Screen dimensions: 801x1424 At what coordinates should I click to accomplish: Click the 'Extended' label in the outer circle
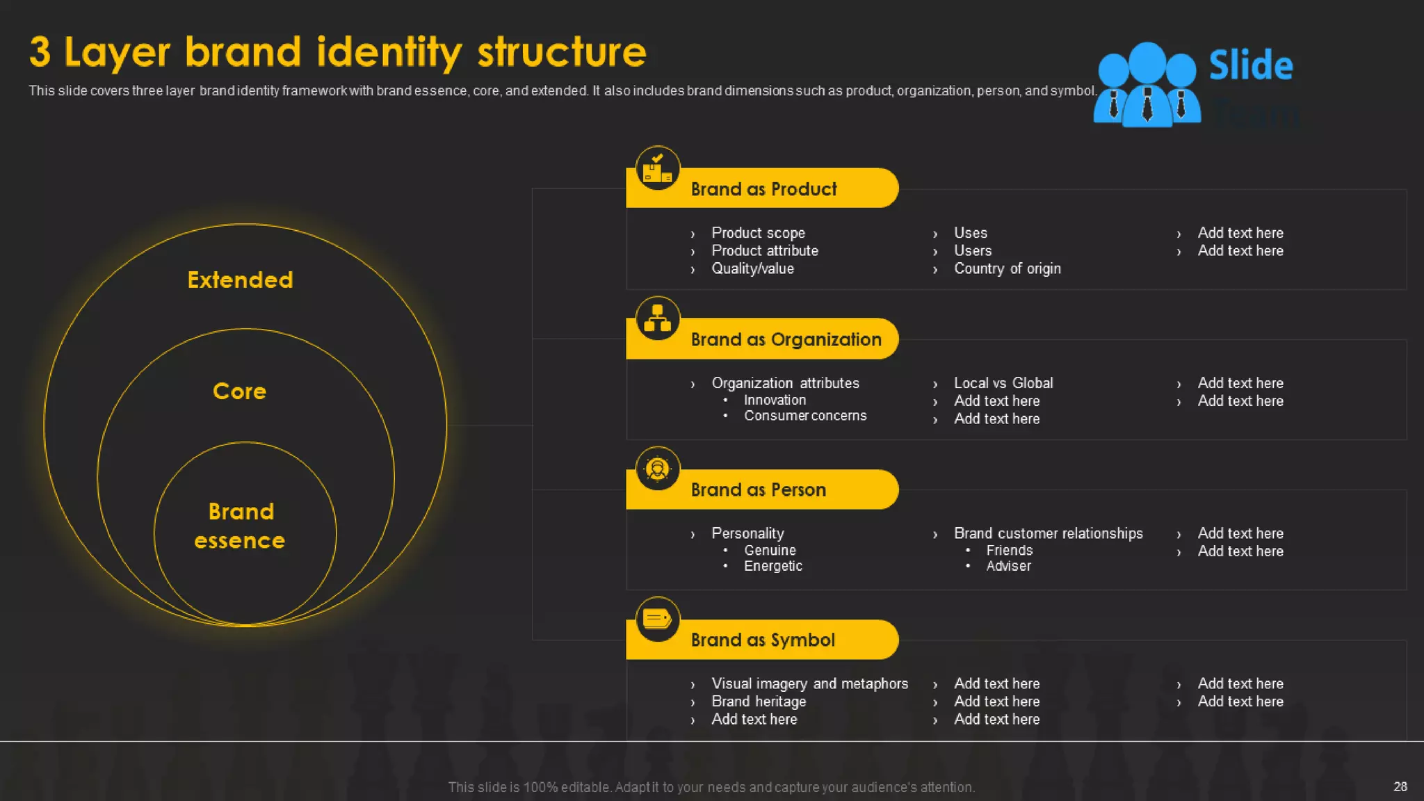240,280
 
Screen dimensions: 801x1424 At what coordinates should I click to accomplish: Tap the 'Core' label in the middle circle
239,391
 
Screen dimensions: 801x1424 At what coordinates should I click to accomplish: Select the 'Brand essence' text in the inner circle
241,526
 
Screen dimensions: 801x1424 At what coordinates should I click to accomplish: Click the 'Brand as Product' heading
763,189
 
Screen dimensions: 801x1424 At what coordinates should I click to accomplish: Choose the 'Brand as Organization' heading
786,339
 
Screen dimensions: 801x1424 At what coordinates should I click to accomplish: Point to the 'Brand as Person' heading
758,489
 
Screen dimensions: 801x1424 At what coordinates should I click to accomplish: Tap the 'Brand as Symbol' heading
763,640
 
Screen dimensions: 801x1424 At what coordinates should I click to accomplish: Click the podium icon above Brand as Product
657,168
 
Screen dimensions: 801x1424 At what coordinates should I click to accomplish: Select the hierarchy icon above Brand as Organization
657,318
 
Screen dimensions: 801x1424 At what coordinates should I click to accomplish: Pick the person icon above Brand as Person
657,469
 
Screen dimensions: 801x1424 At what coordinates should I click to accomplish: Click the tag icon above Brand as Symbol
657,618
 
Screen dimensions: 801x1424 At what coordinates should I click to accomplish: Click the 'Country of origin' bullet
1007,268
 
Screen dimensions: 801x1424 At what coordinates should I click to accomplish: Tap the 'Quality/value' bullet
752,268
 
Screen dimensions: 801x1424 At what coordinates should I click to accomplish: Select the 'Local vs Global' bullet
1003,383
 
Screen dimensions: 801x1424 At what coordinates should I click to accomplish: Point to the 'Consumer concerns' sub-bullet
805,416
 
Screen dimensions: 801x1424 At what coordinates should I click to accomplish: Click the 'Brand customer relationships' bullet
1048,533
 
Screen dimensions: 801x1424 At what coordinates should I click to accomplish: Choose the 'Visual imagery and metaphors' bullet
809,683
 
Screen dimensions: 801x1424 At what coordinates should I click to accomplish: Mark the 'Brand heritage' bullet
759,702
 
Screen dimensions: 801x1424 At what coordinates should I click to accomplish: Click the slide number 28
1400,786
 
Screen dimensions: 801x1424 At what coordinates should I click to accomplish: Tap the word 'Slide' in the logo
1250,65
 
